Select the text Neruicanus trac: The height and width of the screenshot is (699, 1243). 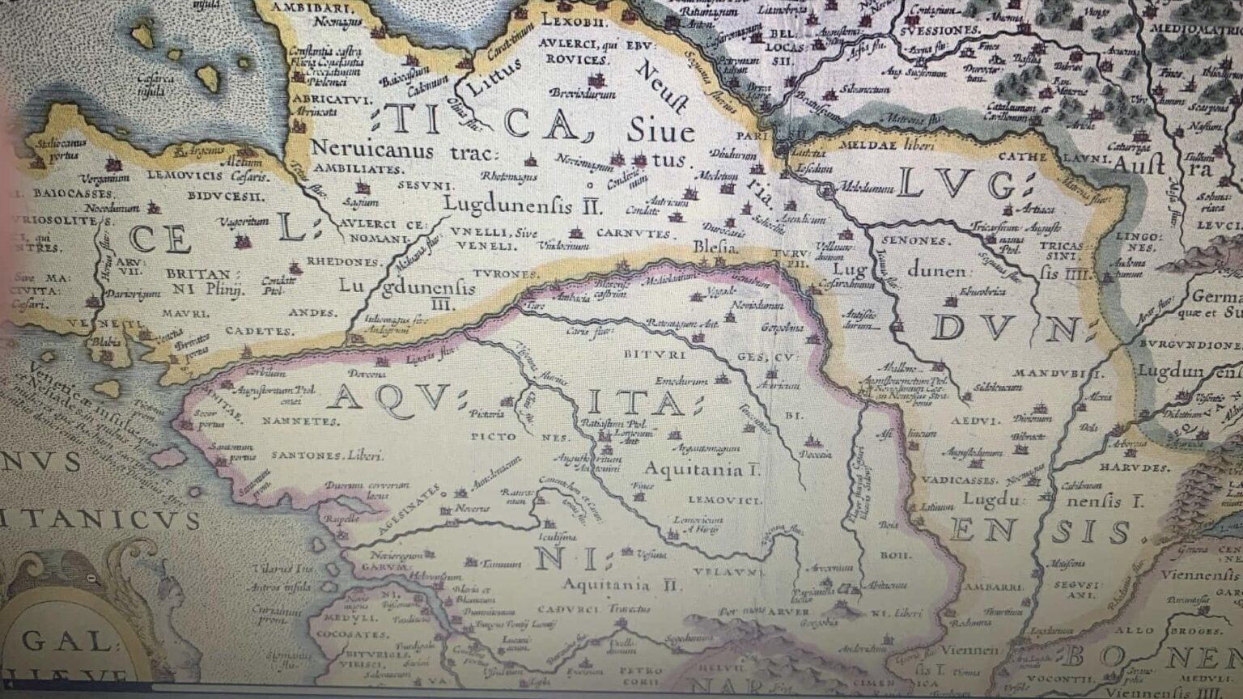point(384,150)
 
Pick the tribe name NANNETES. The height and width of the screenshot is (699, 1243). point(299,422)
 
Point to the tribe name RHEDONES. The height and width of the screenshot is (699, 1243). point(345,262)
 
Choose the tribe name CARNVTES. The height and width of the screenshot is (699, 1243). point(634,233)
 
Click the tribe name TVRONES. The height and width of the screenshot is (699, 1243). point(506,274)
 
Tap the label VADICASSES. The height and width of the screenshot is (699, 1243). point(959,480)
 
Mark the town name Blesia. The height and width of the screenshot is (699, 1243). point(715,248)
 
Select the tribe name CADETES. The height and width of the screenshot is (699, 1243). point(259,331)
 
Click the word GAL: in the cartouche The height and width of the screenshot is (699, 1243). point(66,642)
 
